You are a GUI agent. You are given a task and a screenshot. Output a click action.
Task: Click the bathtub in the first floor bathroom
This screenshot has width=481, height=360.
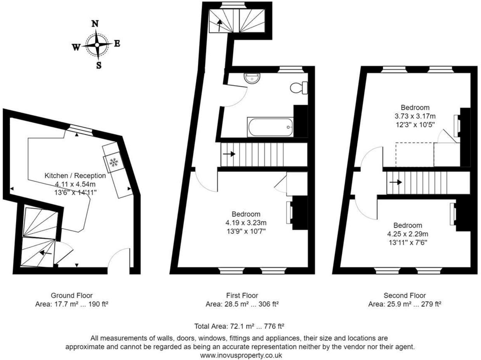[270, 127]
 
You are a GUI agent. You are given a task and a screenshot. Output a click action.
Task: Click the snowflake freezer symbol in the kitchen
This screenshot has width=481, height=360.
[114, 163]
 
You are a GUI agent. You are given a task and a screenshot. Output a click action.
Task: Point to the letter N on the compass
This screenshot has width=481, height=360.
[94, 24]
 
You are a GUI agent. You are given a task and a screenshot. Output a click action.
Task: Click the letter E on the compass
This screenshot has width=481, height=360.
[117, 43]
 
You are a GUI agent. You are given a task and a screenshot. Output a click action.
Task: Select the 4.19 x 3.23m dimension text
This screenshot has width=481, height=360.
[246, 223]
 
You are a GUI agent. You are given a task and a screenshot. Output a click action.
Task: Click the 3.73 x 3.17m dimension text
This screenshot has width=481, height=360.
[415, 116]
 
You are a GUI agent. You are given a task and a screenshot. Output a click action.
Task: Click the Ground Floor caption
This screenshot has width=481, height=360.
[72, 296]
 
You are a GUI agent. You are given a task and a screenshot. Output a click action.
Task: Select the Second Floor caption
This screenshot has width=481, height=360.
[405, 296]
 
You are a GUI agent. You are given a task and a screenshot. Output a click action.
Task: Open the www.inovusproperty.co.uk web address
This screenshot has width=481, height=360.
[241, 355]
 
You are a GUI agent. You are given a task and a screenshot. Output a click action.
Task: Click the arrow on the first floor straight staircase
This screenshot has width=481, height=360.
[229, 154]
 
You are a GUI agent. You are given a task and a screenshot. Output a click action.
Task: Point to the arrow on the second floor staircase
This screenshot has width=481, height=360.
[396, 182]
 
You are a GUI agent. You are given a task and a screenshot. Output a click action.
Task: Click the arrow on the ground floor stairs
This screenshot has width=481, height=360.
[46, 253]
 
